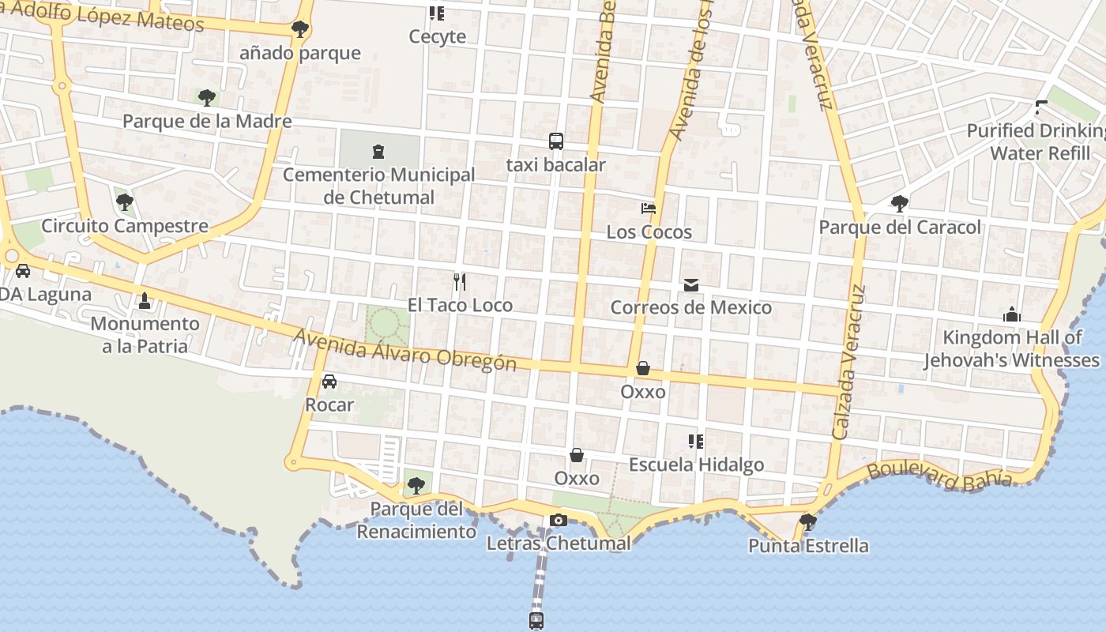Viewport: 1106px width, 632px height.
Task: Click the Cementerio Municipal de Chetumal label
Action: click(378, 186)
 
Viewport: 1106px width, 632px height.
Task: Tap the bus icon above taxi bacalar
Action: click(556, 141)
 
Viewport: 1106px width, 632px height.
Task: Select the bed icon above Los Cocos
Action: click(649, 209)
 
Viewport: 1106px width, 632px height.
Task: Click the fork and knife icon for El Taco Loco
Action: click(460, 281)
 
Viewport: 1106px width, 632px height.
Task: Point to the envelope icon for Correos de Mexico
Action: click(691, 284)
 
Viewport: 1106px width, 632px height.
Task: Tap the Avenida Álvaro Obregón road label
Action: click(404, 349)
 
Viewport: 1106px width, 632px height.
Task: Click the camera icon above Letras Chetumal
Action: click(559, 520)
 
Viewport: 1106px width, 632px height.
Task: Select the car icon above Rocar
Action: click(329, 382)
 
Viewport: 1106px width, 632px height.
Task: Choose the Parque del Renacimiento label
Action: click(416, 520)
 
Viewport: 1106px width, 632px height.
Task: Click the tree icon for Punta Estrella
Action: click(807, 521)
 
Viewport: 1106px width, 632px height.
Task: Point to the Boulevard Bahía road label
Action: click(939, 474)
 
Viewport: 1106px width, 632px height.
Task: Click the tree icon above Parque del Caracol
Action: click(899, 204)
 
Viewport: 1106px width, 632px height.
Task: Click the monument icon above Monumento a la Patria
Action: click(145, 300)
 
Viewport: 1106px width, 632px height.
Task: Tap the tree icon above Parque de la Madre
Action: click(207, 98)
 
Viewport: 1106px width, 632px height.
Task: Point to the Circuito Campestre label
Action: click(125, 226)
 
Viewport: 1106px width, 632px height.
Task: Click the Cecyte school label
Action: click(437, 36)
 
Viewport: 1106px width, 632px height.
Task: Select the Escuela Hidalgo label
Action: click(696, 465)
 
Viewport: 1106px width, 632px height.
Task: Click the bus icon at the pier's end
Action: click(536, 620)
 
